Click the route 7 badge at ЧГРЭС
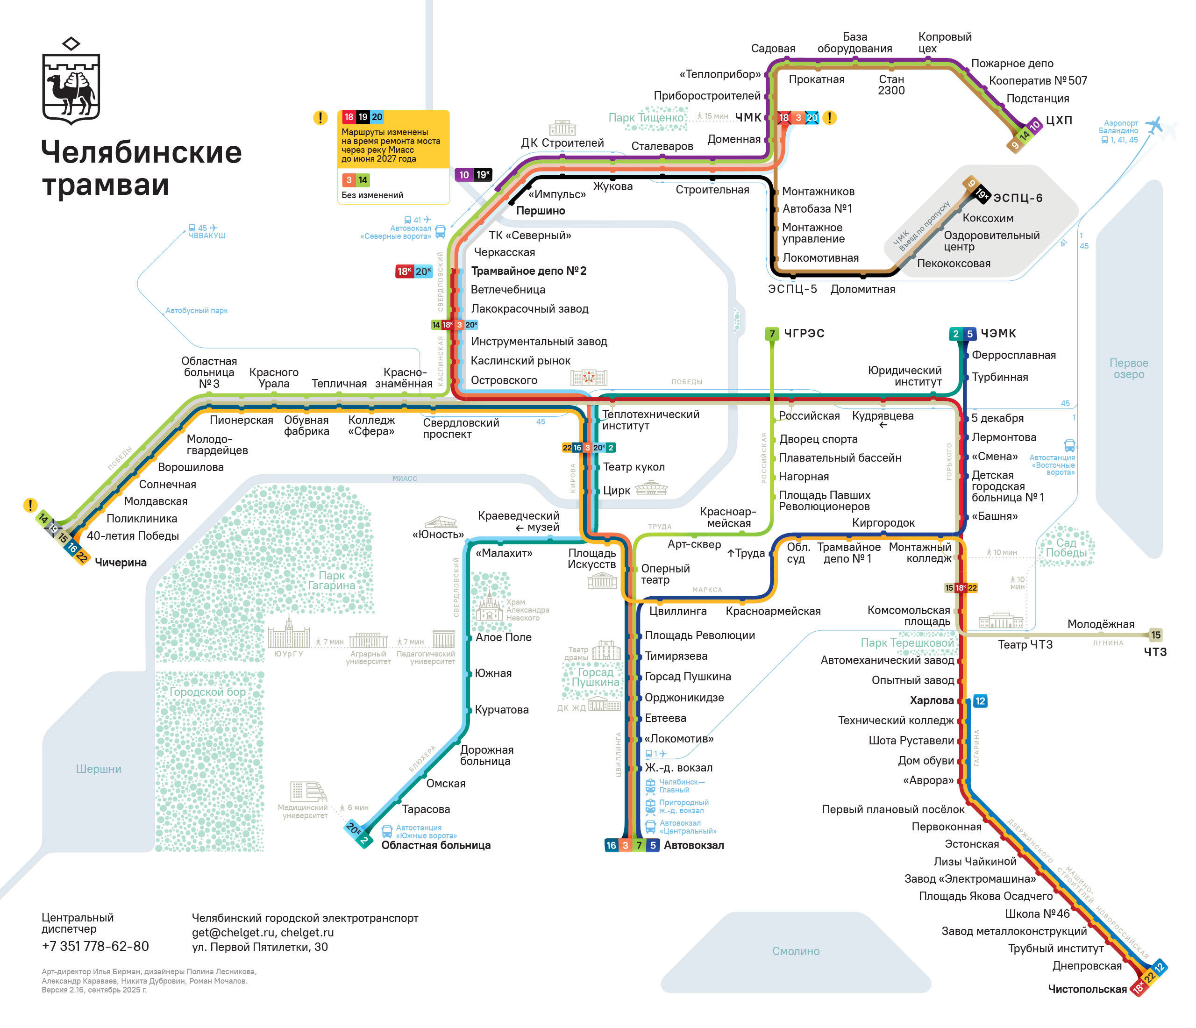[771, 334]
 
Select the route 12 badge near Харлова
[980, 701]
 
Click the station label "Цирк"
[616, 491]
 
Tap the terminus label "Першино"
[540, 211]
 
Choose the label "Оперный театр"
[664, 574]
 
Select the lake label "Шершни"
[99, 769]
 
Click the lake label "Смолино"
[796, 950]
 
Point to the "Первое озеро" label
[1128, 368]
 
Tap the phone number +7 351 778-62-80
[95, 946]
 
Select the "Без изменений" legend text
[372, 195]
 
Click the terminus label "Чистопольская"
[1087, 989]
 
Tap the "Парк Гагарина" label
[331, 580]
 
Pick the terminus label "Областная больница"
[436, 845]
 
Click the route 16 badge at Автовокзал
[611, 845]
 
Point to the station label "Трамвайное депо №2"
[528, 271]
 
